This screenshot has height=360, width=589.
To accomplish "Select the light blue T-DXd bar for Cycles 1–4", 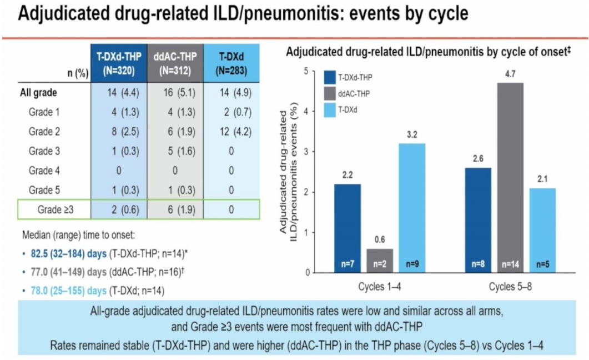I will [x=411, y=208].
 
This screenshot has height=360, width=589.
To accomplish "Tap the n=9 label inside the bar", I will [x=411, y=263].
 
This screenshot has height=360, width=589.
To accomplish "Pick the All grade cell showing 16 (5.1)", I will [x=175, y=92].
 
